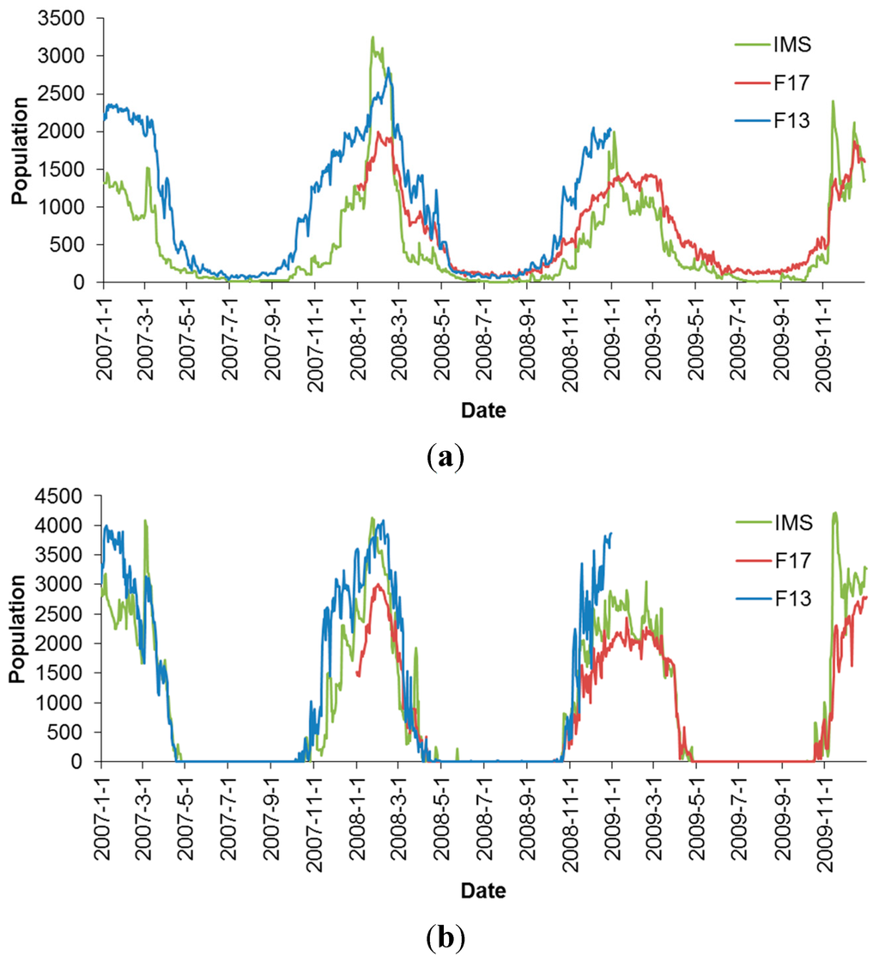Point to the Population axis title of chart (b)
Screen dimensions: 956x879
coord(17,629)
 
